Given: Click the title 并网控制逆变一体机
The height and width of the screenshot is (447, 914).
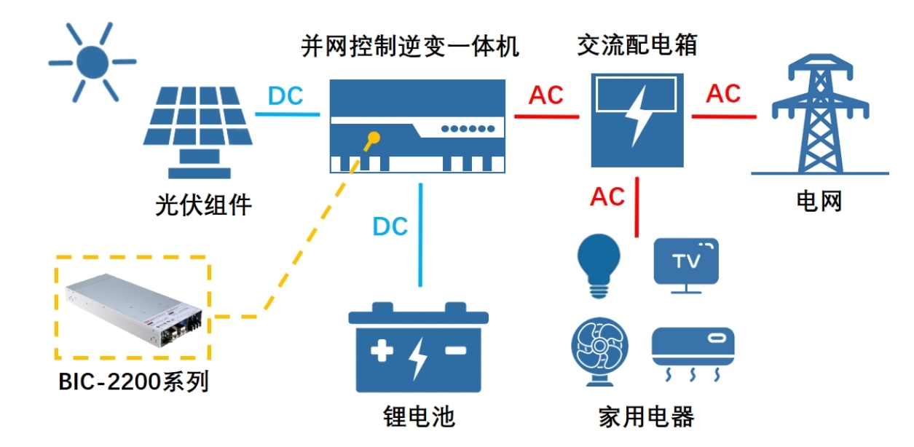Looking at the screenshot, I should point(411,47).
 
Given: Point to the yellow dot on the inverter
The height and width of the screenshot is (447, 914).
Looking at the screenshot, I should point(374,136).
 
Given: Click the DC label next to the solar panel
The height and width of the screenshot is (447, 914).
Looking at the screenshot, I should point(285,95).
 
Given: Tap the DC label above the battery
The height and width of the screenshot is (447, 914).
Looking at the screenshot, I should point(390,226).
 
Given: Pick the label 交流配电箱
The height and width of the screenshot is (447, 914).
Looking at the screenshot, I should point(637,45).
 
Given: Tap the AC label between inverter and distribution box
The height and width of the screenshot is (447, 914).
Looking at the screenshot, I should point(546,95).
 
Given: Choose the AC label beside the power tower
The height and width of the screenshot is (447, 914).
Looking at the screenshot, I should point(722,93).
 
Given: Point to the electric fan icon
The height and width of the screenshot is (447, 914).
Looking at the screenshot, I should point(599,352).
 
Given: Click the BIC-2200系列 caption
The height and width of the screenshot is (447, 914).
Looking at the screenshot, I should point(133,380).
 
